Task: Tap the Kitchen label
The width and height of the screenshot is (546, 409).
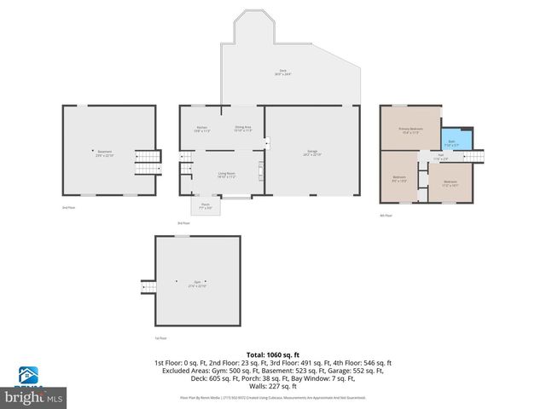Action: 201,129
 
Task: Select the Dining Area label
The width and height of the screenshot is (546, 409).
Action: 243,129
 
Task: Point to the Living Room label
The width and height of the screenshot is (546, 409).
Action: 225,175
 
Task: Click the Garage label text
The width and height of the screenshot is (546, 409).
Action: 313,153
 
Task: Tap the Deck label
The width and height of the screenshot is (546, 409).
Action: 282,73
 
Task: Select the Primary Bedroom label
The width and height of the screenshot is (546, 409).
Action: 410,130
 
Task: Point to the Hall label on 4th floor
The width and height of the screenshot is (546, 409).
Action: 440,158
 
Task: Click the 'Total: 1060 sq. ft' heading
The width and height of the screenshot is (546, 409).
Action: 273,354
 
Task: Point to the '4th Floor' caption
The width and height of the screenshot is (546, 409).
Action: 386,216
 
